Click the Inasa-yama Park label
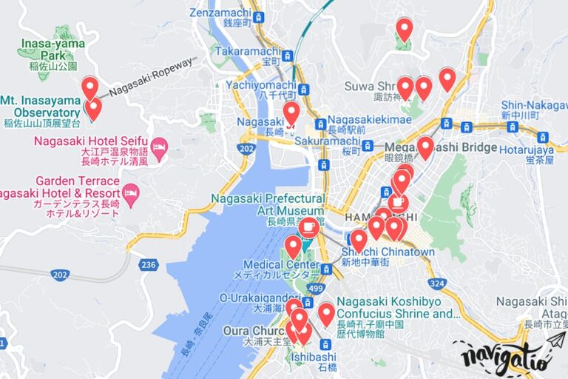tap(52, 50)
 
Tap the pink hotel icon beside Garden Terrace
tap(131, 195)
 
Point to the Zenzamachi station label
tap(220, 13)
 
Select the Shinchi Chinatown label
tap(388, 252)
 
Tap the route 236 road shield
tap(149, 264)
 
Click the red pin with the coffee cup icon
tap(398, 202)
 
